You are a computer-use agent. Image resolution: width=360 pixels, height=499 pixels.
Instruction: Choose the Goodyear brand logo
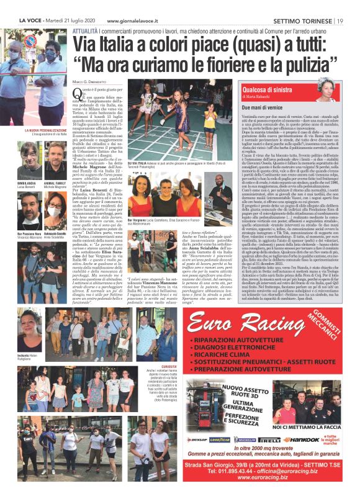(x=220, y=438)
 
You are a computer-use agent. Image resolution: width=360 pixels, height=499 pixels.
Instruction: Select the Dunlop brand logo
(x=198, y=438)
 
